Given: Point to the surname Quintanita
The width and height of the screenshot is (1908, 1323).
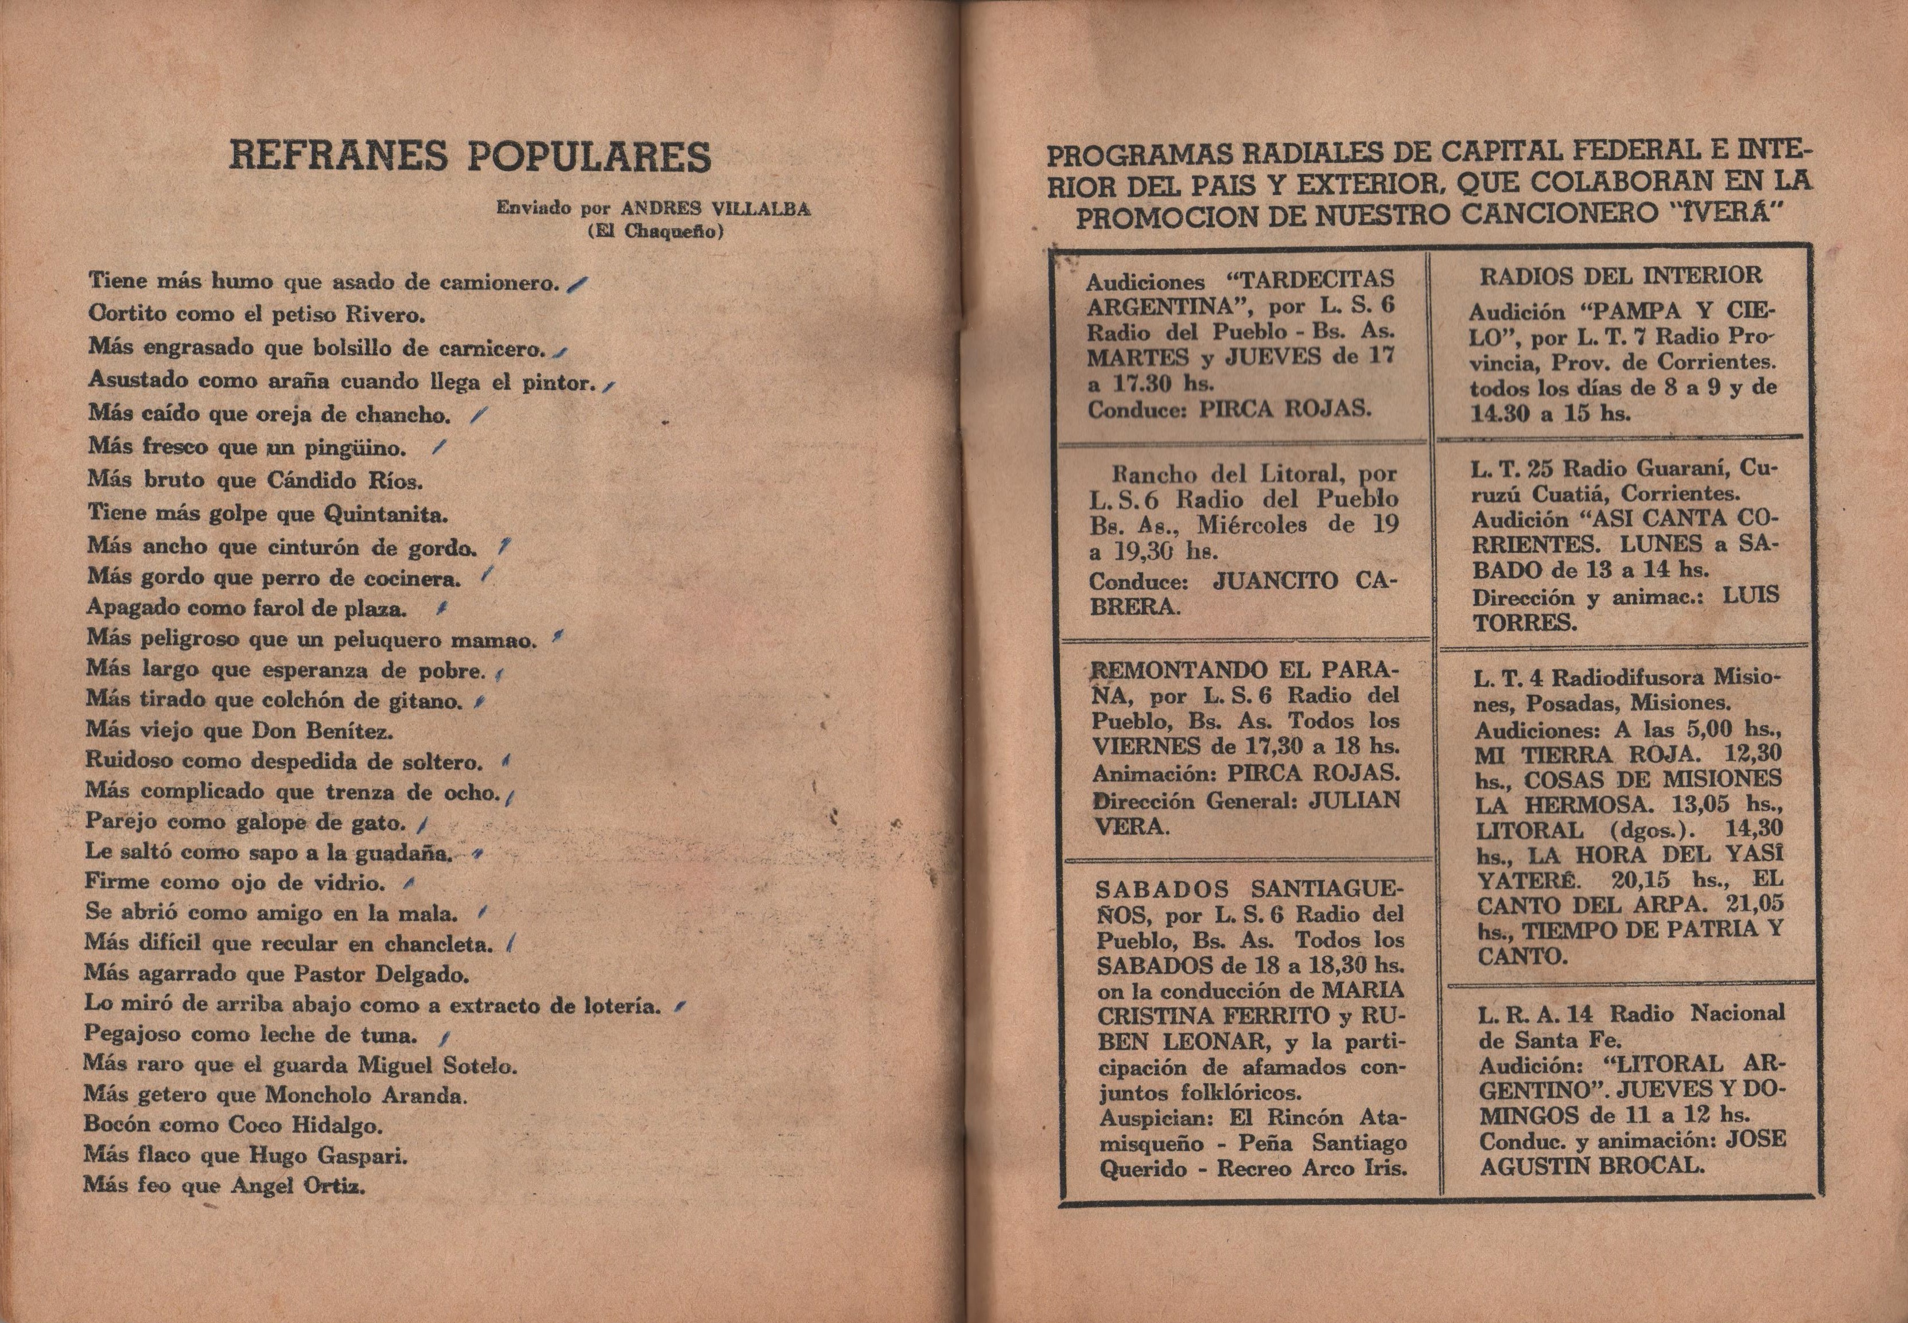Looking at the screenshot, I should click(386, 515).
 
